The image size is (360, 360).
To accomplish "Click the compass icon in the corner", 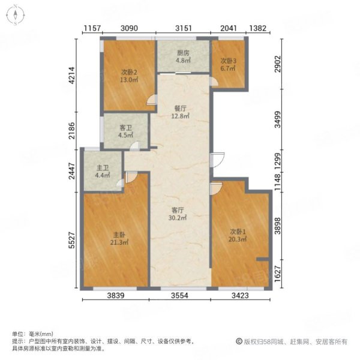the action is click(x=16, y=15).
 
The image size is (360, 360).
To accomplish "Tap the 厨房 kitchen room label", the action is click(x=183, y=53).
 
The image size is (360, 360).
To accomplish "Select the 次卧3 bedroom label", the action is click(x=228, y=61).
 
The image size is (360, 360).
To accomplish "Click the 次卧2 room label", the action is click(x=129, y=73).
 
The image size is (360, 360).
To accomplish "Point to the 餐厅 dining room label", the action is click(x=180, y=109).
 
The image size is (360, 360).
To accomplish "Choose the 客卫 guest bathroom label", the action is click(x=126, y=128).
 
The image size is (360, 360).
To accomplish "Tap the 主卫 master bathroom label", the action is click(x=103, y=168).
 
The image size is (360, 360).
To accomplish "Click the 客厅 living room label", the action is click(x=178, y=210).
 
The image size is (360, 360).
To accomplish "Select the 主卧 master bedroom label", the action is click(x=119, y=235).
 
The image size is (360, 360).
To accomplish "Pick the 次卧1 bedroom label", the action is click(x=238, y=232).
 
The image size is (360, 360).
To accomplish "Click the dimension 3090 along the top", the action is click(x=129, y=28).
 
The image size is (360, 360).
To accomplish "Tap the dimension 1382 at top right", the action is click(x=258, y=28).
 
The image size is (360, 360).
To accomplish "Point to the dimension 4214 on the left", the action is click(x=72, y=76).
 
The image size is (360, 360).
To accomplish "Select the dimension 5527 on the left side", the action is click(x=72, y=240).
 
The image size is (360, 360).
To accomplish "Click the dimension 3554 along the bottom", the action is click(x=179, y=295).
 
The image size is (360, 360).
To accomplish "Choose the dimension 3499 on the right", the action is click(x=278, y=119).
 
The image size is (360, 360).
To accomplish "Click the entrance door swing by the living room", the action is click(x=217, y=160).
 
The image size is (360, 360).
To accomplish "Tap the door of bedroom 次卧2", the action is click(x=152, y=100).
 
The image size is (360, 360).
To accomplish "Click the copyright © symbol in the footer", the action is click(x=239, y=341).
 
